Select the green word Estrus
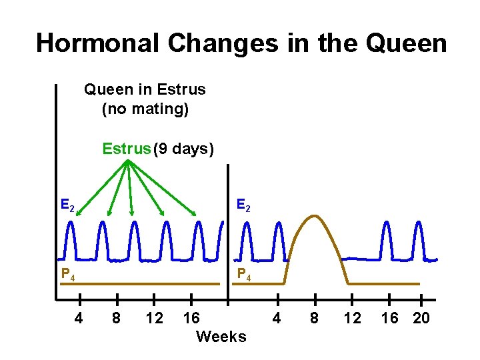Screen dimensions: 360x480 127,149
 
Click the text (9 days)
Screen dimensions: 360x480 183,149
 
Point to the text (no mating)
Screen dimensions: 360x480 145,108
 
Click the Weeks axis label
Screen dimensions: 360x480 221,337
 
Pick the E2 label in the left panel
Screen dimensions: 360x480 67,205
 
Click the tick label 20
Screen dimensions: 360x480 421,318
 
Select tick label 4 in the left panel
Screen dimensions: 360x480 79,318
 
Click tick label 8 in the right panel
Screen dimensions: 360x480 315,318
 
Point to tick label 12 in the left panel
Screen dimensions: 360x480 154,318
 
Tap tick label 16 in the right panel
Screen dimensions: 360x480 389,318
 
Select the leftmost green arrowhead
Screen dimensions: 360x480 77,213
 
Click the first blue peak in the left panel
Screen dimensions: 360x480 70,225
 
